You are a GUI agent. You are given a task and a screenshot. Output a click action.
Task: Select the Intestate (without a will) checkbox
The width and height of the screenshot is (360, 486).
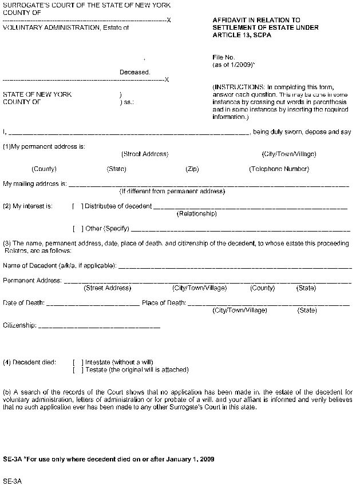pyautogui.click(x=78, y=362)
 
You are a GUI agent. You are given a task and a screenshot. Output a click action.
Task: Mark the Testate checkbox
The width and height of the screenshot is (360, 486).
pyautogui.click(x=78, y=370)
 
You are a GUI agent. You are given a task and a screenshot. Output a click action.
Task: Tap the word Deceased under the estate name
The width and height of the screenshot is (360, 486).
pyautogui.click(x=134, y=73)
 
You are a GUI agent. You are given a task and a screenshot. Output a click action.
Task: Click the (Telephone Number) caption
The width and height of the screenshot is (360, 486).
pyautogui.click(x=279, y=169)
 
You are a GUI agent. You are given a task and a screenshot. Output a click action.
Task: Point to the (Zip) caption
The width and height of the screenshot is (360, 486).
pyautogui.click(x=192, y=169)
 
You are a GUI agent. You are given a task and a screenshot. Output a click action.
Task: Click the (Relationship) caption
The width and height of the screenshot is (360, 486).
pyautogui.click(x=197, y=214)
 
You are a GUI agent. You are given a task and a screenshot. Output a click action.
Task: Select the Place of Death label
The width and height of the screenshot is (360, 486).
pyautogui.click(x=164, y=303)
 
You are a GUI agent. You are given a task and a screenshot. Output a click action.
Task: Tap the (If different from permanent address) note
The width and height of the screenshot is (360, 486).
pyautogui.click(x=172, y=192)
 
